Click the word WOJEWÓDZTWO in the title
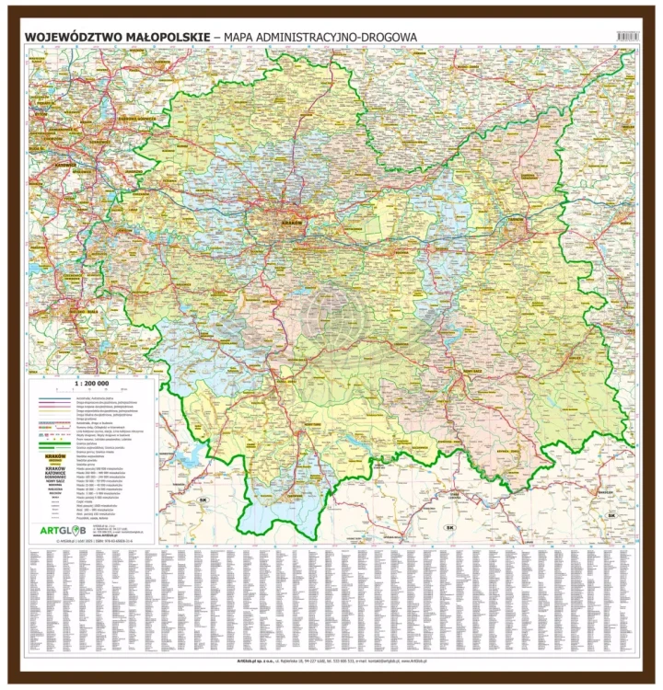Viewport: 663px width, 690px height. pos(70,37)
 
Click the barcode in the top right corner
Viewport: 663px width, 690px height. pos(627,35)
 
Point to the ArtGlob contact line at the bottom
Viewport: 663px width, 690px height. pos(331,661)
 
